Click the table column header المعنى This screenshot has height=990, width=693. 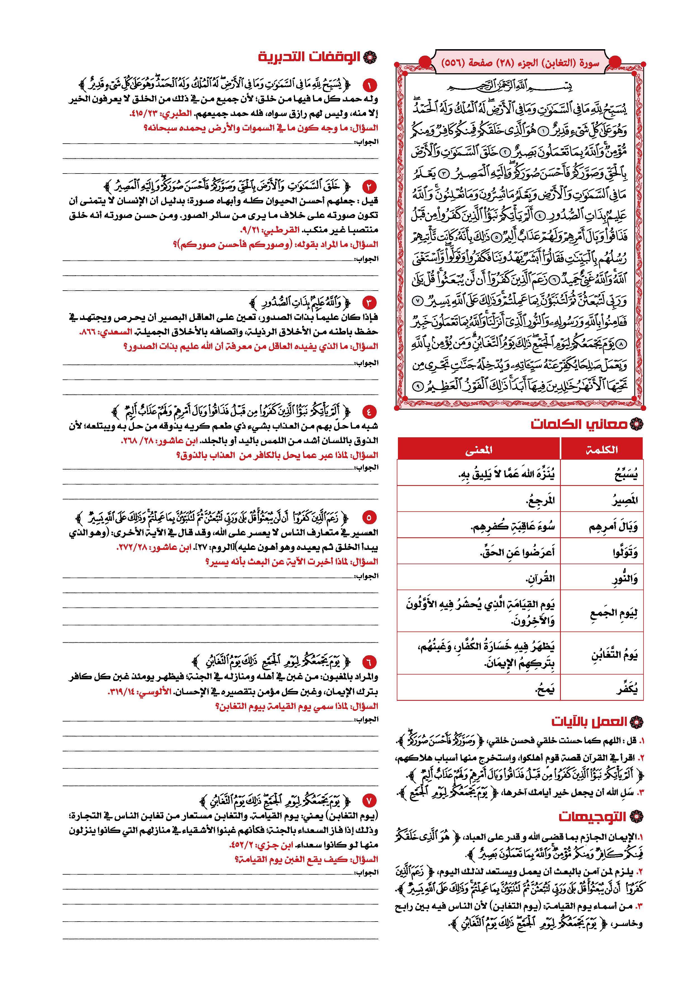(479, 450)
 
